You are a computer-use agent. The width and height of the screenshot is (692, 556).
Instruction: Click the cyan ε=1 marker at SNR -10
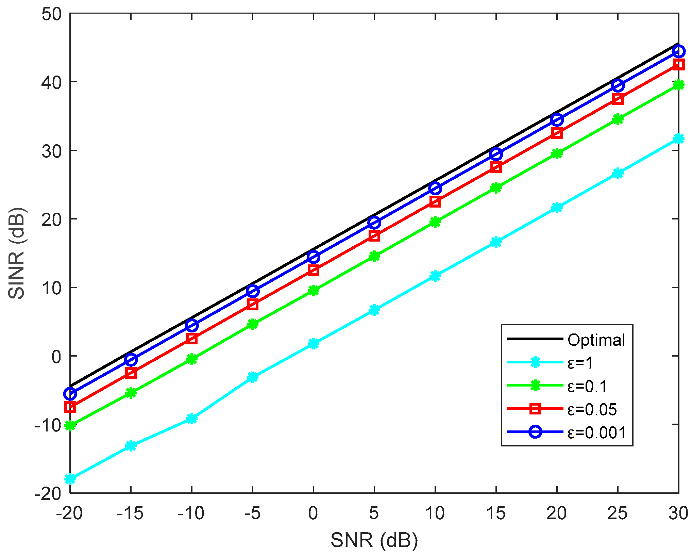pyautogui.click(x=192, y=418)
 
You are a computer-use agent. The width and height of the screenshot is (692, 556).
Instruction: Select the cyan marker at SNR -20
pyautogui.click(x=70, y=478)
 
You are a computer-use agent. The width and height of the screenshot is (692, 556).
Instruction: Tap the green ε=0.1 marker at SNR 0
pyautogui.click(x=314, y=290)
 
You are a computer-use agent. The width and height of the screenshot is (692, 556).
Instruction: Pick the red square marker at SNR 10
pyautogui.click(x=435, y=202)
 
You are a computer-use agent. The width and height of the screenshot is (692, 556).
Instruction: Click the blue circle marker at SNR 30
pyautogui.click(x=678, y=51)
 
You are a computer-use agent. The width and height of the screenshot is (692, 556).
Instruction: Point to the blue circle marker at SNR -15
pyautogui.click(x=131, y=359)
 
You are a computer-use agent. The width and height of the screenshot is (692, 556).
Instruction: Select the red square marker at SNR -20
pyautogui.click(x=70, y=407)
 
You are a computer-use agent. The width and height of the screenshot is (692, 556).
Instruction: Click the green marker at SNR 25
pyautogui.click(x=618, y=119)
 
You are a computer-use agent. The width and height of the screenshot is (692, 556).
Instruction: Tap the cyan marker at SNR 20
pyautogui.click(x=557, y=207)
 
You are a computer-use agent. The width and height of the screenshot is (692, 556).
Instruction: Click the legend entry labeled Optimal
pyautogui.click(x=596, y=340)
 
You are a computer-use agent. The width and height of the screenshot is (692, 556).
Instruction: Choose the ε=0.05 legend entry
pyautogui.click(x=592, y=409)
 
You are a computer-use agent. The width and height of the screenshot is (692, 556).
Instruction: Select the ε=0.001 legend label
pyautogui.click(x=596, y=432)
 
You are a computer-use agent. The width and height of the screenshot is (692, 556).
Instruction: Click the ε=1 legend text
pyautogui.click(x=580, y=363)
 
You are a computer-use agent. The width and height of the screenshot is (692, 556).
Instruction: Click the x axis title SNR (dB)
pyautogui.click(x=374, y=540)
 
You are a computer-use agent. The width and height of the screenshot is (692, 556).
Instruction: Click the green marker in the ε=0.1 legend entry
pyautogui.click(x=535, y=386)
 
